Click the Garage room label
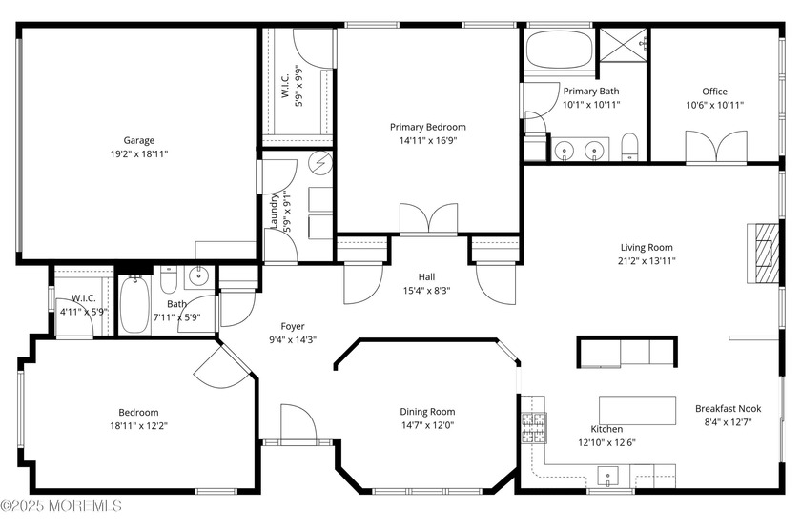(x=139, y=140)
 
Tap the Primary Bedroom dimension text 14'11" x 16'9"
(x=427, y=140)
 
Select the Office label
(x=714, y=92)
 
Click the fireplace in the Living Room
(x=763, y=254)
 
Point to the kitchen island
(x=637, y=410)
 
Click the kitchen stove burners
(x=533, y=427)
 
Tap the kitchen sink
(x=608, y=477)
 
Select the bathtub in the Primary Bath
(x=559, y=50)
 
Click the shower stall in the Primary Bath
(x=624, y=45)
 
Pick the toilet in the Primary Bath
(x=630, y=147)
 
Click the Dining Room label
(x=427, y=412)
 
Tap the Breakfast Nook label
(x=728, y=409)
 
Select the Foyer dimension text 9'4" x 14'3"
(x=293, y=339)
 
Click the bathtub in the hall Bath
(x=134, y=305)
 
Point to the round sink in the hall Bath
(x=198, y=276)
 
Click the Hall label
(x=426, y=276)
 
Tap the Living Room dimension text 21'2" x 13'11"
(x=647, y=261)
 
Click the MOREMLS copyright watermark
(x=61, y=506)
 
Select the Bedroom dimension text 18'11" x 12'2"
(x=138, y=426)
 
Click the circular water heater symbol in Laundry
(x=322, y=163)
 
